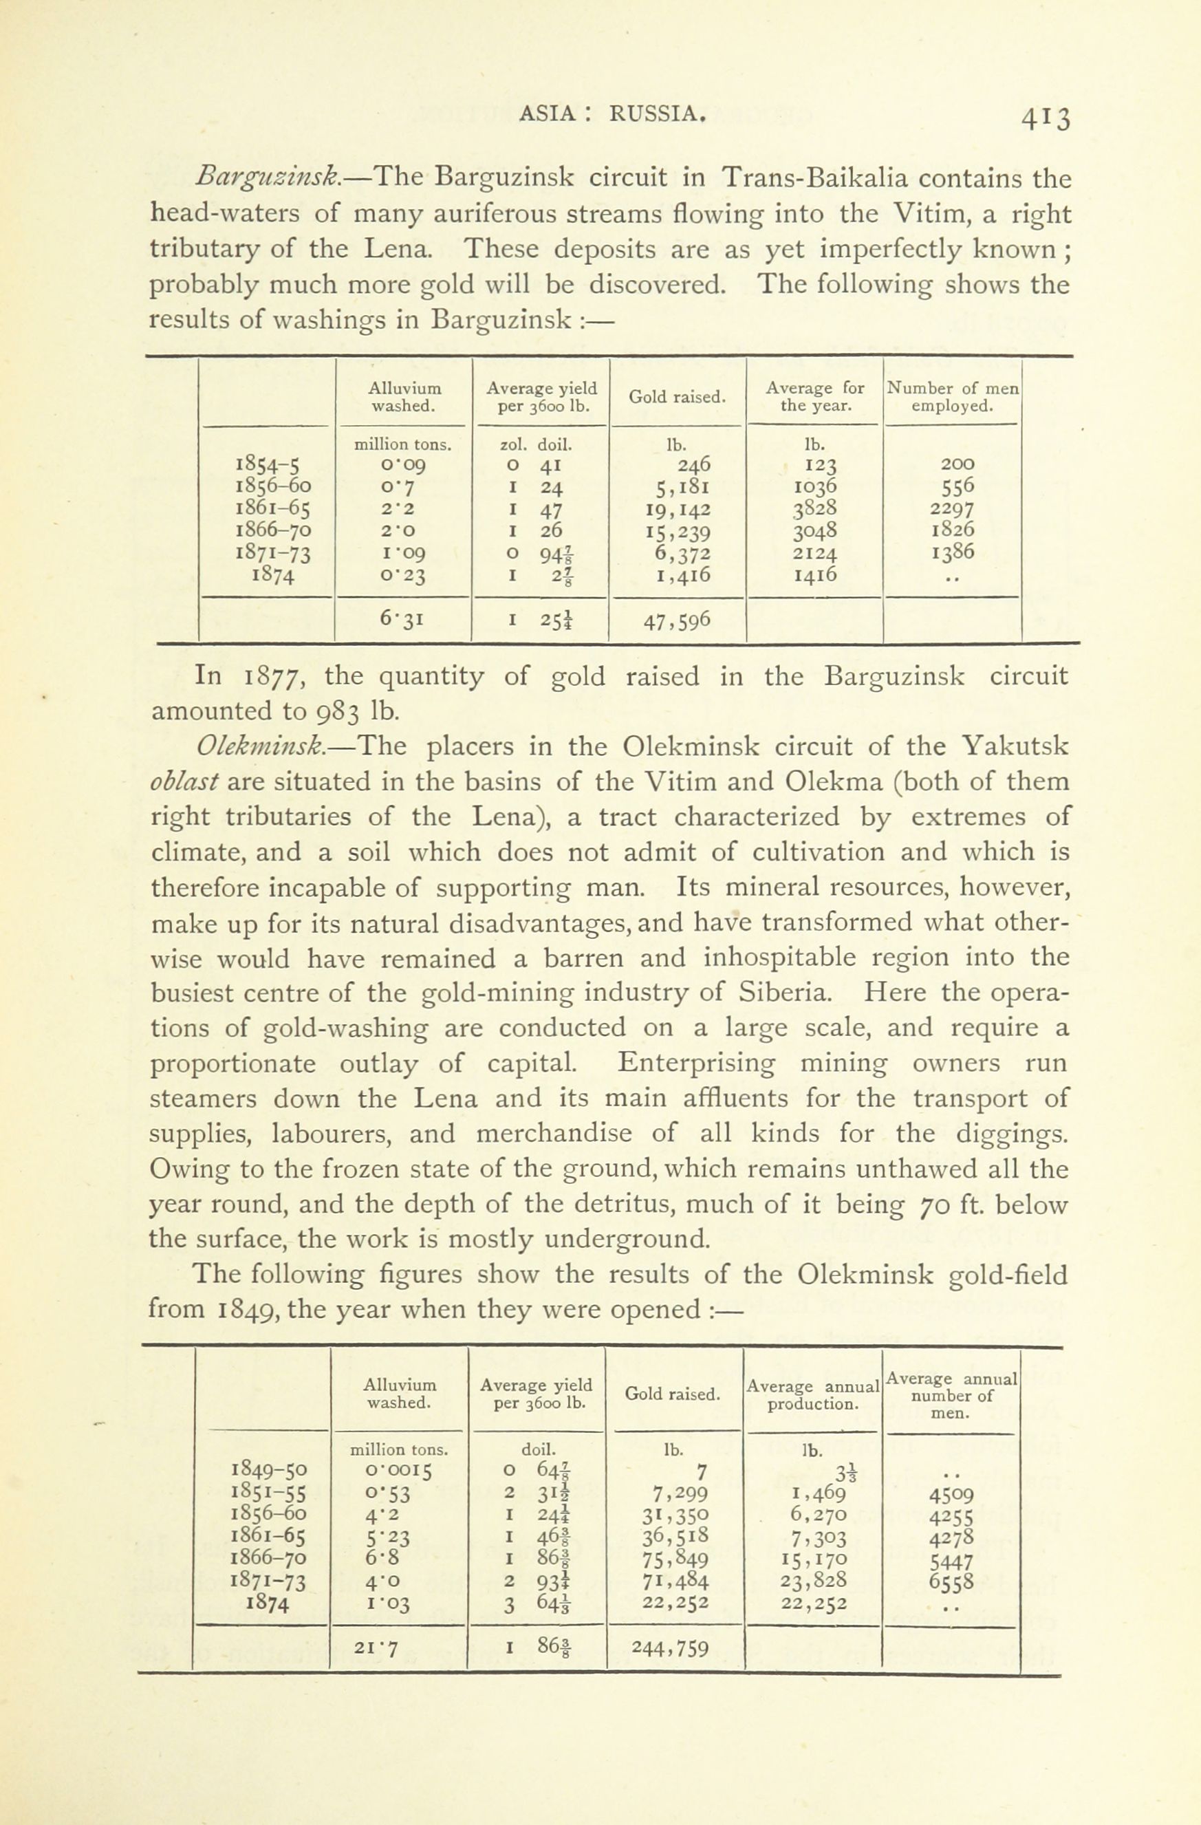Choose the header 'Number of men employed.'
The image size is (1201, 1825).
pyautogui.click(x=953, y=397)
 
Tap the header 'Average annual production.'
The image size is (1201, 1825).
pyautogui.click(x=812, y=1396)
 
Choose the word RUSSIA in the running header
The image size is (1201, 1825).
pyautogui.click(x=656, y=114)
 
